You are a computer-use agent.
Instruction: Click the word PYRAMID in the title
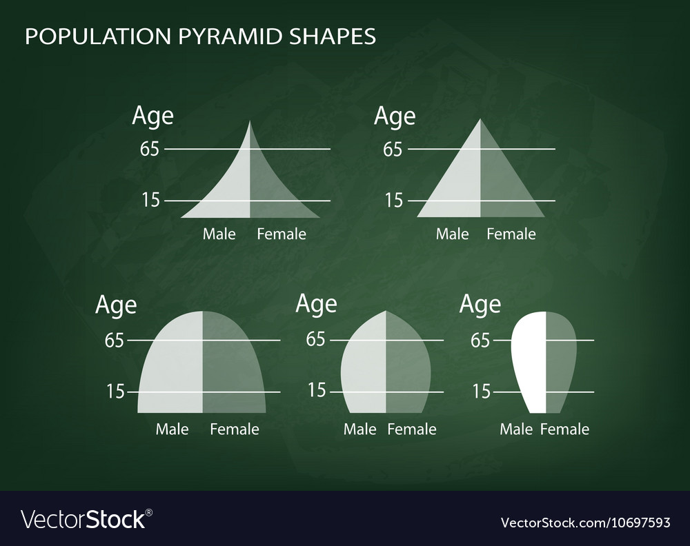pos(228,36)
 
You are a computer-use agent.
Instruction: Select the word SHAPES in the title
pos(333,36)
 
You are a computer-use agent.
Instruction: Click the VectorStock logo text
pos(83,518)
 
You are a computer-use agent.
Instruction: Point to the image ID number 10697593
pos(627,522)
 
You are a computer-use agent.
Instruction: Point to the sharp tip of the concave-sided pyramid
pos(250,122)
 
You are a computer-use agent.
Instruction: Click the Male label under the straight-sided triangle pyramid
pos(452,234)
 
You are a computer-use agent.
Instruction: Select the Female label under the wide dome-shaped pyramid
pos(235,429)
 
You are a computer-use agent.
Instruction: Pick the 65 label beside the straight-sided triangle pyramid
pos(393,149)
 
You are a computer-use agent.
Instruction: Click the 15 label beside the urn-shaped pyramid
pos(482,392)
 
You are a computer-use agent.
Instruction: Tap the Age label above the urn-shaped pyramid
pos(480,304)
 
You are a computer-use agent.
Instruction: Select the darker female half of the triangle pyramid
pos(504,186)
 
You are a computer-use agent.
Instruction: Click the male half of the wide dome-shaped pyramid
pos(172,365)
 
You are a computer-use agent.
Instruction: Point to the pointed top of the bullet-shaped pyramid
pos(386,312)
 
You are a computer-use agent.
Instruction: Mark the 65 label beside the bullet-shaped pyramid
pos(316,339)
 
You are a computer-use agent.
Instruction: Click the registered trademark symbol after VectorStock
pos(149,512)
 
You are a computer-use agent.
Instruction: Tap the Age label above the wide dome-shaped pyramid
pos(116,304)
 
